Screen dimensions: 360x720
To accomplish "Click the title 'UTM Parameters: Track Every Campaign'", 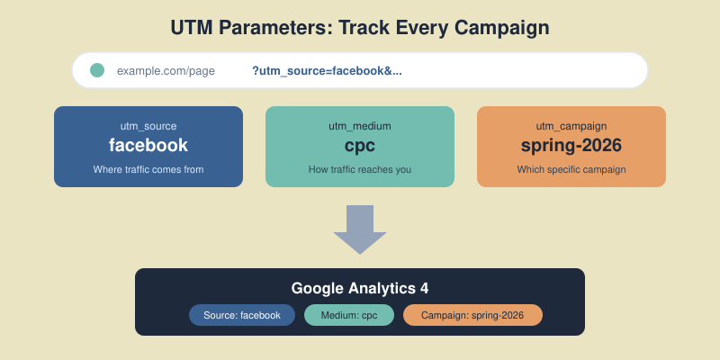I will [360, 28].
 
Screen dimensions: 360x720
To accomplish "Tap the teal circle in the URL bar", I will [97, 70].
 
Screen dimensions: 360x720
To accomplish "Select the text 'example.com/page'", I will [166, 70].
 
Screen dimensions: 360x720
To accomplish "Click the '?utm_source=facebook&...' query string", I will [327, 70].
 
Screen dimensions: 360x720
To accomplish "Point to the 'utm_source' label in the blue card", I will [148, 126].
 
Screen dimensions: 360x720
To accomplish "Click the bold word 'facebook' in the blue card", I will [148, 146].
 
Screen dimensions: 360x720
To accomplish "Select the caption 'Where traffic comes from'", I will [148, 169].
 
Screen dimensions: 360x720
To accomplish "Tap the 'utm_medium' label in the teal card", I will [360, 126].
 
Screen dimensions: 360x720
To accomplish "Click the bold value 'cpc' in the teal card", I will [360, 146].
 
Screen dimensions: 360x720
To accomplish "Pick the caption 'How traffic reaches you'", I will [360, 169].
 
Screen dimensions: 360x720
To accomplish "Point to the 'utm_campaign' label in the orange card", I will [571, 126].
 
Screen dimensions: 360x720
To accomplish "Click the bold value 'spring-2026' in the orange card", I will [571, 146].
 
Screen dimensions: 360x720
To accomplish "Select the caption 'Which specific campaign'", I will [571, 169].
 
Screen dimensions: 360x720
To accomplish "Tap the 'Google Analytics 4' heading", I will [360, 288].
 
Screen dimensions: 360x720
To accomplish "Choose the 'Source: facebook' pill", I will [242, 315].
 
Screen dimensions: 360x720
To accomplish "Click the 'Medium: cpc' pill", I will [349, 315].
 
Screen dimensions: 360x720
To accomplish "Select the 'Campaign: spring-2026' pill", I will [472, 315].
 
